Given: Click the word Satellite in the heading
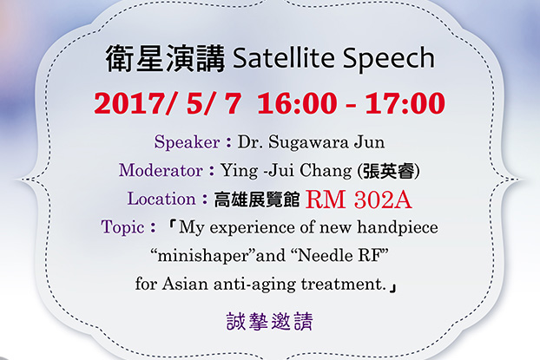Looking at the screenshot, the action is tap(283, 57).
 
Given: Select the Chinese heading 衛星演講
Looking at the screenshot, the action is tap(165, 58).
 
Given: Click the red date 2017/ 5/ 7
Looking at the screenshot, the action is tap(168, 103).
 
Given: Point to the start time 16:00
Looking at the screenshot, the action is tap(297, 103).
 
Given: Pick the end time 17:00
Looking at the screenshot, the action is tap(405, 103).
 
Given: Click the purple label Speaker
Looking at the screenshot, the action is tap(187, 141).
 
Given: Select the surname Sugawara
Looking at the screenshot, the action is tap(308, 142).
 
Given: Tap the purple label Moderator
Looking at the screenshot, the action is tap(161, 170).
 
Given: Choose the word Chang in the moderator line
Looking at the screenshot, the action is tap(326, 171).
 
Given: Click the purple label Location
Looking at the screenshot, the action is tap(161, 199).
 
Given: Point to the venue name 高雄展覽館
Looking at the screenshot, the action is tap(257, 200).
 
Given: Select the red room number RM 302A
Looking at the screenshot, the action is tap(359, 200).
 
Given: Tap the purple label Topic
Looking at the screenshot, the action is tap(122, 227).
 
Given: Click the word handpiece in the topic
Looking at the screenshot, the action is tap(398, 227).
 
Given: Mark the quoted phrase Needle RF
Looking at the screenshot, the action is tap(339, 256).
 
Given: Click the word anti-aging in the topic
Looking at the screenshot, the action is tap(254, 285).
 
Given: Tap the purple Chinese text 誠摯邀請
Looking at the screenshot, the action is tap(270, 322).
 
